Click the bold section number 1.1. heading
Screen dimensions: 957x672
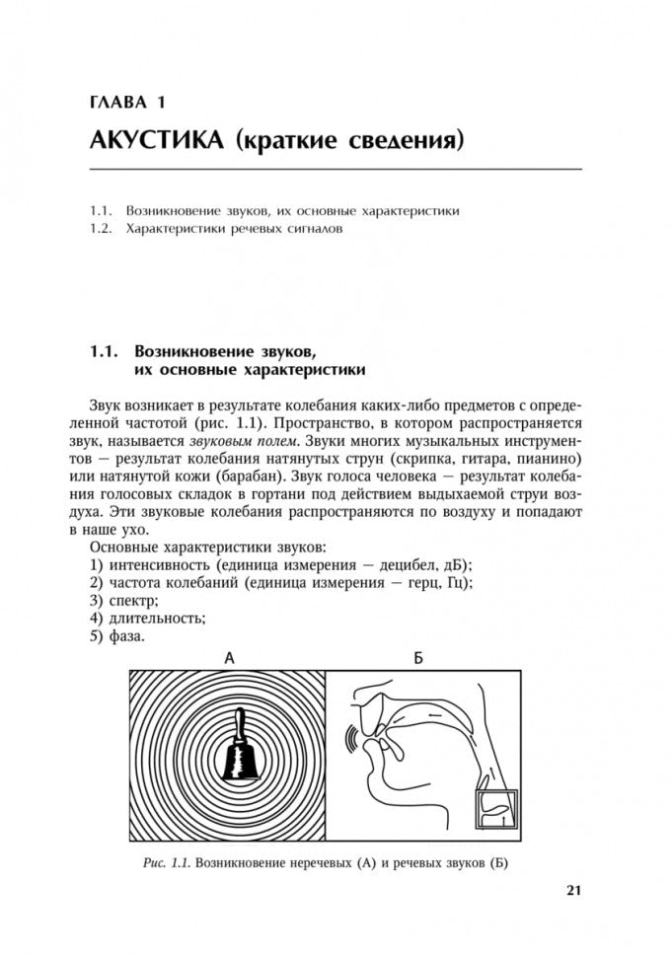(104, 350)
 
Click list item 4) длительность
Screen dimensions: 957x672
(147, 618)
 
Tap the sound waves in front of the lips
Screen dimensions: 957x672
(349, 739)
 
